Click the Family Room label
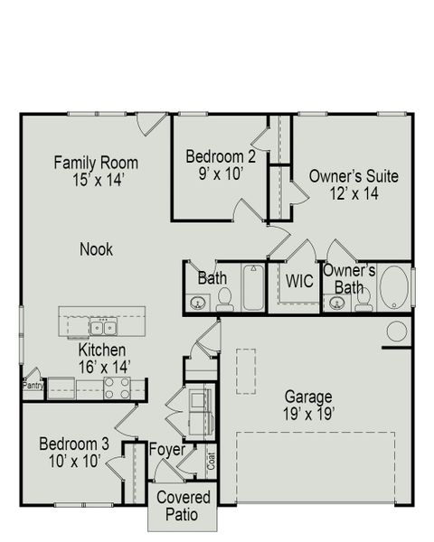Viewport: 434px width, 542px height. (x=96, y=164)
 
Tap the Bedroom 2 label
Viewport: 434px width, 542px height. (x=221, y=157)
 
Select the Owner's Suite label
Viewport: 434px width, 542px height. (x=354, y=176)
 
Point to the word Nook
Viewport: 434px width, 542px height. (x=96, y=249)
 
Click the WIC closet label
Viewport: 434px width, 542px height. (x=299, y=281)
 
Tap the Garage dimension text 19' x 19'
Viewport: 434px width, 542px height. (x=308, y=415)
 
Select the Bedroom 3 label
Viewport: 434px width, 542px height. (x=74, y=444)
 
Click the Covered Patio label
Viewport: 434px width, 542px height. (x=184, y=505)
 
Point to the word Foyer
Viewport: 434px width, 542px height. (x=167, y=450)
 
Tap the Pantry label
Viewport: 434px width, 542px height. (x=33, y=384)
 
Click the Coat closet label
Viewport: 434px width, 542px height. (x=212, y=460)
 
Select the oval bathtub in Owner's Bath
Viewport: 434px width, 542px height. (x=393, y=287)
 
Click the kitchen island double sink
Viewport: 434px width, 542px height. (x=101, y=326)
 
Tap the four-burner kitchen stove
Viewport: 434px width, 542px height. (x=116, y=388)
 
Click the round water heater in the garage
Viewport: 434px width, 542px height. (x=396, y=332)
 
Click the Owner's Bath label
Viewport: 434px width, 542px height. (x=349, y=279)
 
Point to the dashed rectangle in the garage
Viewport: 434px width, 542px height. (x=245, y=370)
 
